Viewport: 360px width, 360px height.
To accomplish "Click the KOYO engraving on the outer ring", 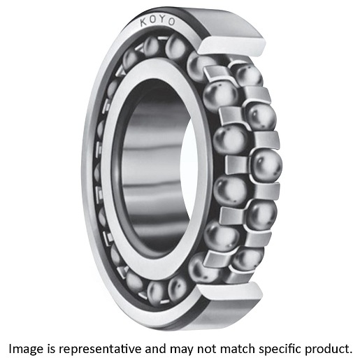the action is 157,21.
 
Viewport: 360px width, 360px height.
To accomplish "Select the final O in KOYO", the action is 172,22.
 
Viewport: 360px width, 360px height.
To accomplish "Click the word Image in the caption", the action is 26,350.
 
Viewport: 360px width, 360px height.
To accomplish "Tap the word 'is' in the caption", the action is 51,349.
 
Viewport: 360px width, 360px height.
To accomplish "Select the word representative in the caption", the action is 100,350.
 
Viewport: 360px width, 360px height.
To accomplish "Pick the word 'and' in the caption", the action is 155,349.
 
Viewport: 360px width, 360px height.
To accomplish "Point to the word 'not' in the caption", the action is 206,349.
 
